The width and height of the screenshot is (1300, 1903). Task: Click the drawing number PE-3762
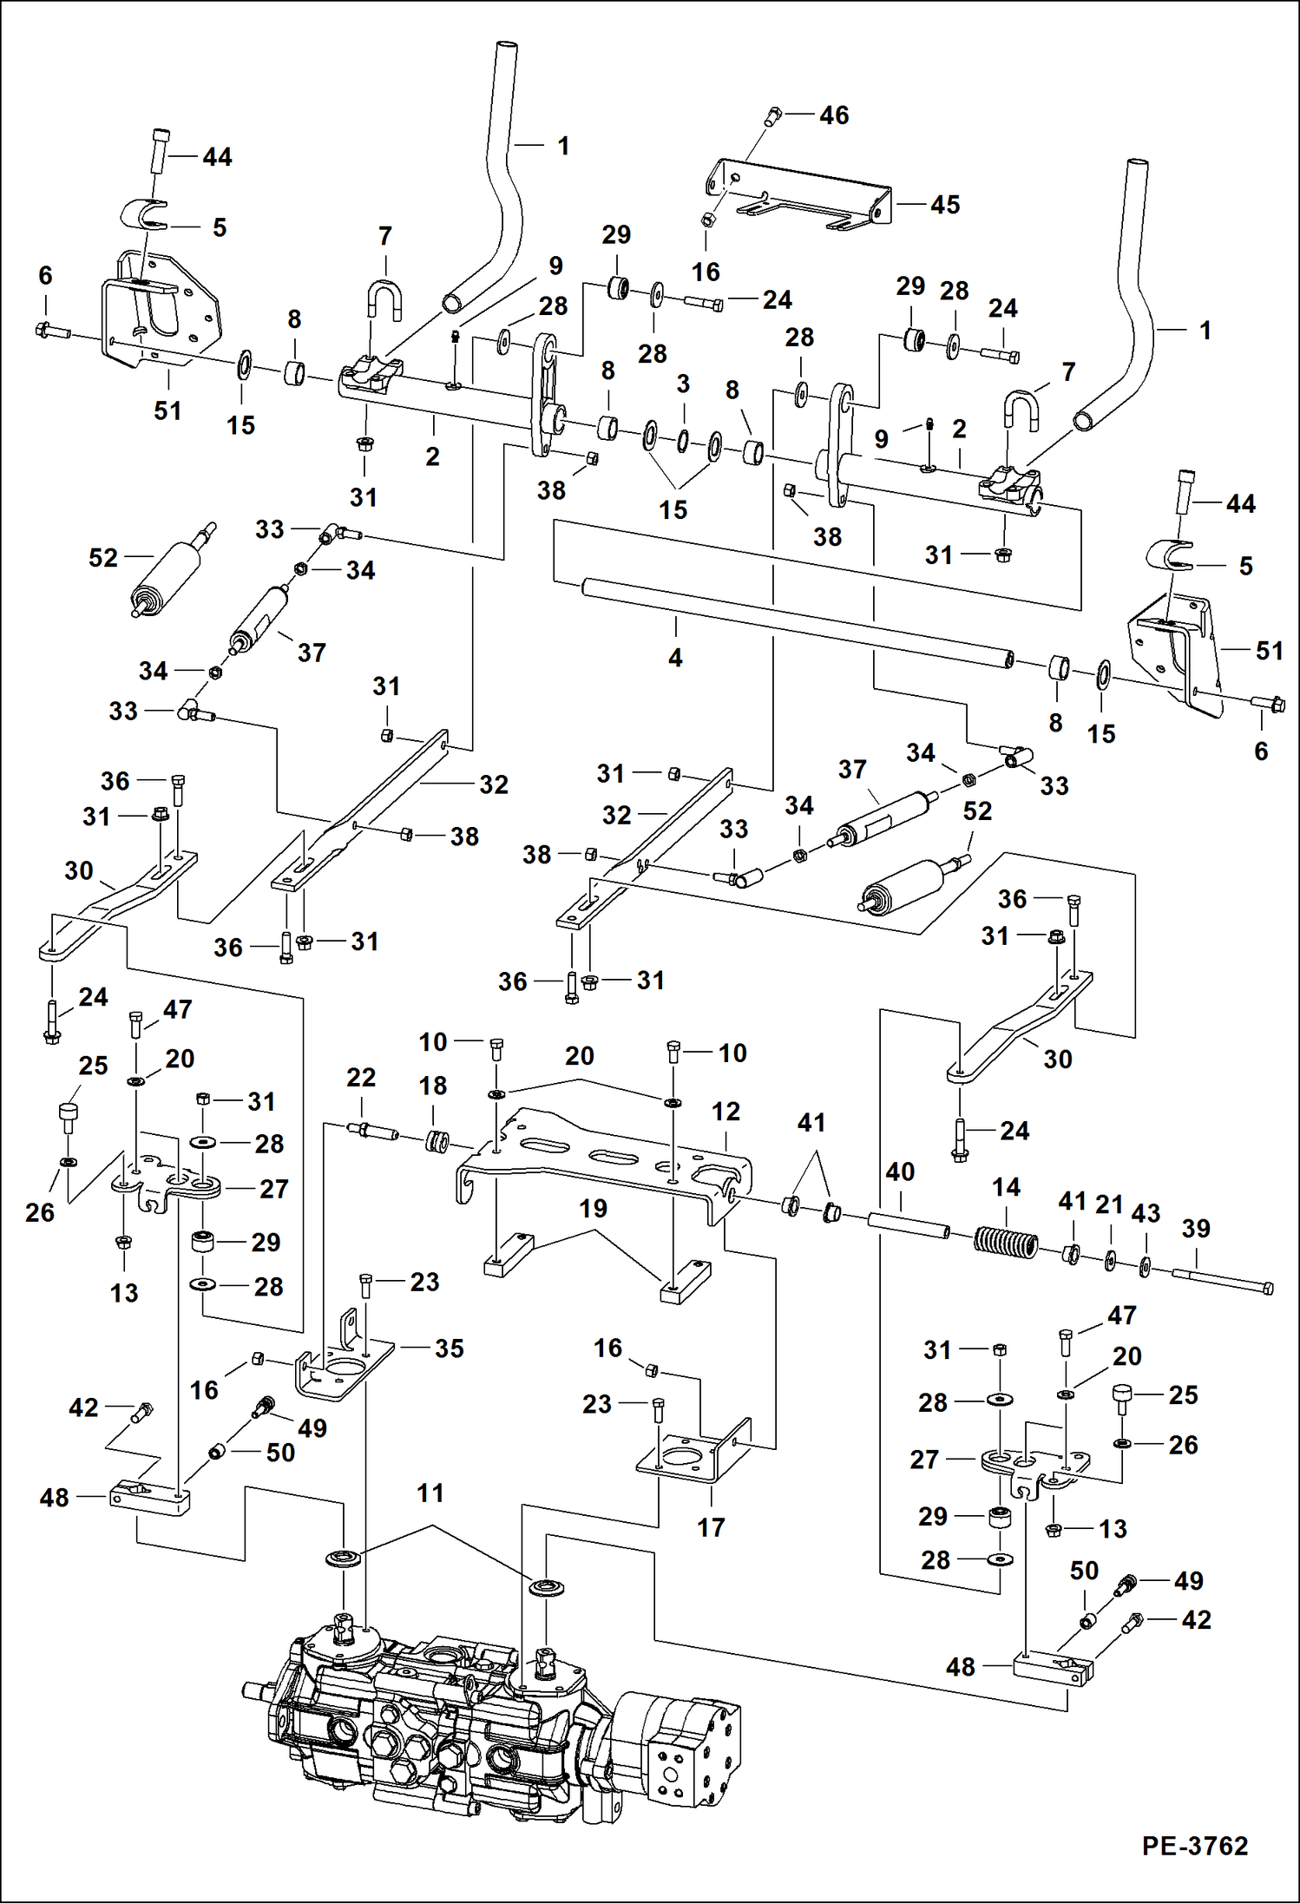click(x=1195, y=1846)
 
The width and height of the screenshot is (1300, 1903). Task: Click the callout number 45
click(x=945, y=205)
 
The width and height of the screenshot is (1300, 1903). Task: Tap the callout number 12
click(x=726, y=1112)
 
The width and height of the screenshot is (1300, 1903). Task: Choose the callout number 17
click(x=711, y=1527)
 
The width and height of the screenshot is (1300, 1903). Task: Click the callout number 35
click(x=449, y=1349)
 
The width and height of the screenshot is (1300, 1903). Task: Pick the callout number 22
click(x=361, y=1077)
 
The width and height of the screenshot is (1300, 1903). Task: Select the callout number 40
click(x=900, y=1171)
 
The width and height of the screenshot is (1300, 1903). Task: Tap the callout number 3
click(x=683, y=384)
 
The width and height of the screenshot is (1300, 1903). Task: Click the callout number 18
click(x=432, y=1085)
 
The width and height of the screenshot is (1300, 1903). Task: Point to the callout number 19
click(x=593, y=1208)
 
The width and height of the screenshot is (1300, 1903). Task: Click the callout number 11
click(x=430, y=1493)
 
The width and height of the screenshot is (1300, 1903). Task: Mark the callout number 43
click(x=1146, y=1213)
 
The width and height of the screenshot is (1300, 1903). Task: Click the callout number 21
click(x=1109, y=1204)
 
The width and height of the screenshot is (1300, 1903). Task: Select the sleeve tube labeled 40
click(x=908, y=1225)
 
